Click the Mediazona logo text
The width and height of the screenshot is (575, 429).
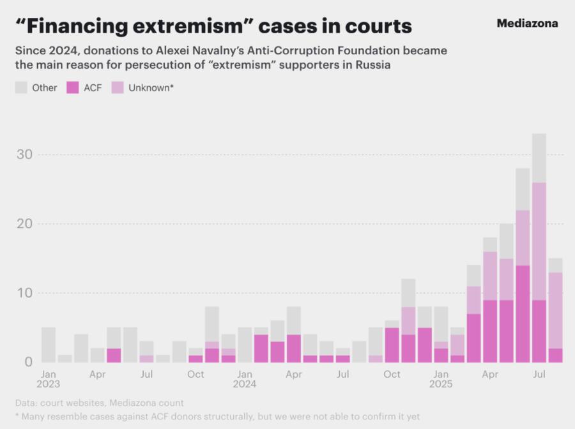(x=527, y=24)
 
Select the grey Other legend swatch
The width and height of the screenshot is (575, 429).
(x=21, y=87)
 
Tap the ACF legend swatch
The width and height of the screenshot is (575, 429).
(x=73, y=87)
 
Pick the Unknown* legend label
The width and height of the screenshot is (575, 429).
(x=151, y=87)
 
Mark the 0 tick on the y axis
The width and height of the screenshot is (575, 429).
(x=27, y=362)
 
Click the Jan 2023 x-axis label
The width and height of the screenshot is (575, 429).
(x=49, y=379)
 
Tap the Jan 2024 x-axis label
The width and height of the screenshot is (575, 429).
(x=245, y=379)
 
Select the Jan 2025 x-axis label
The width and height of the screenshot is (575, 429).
(x=441, y=379)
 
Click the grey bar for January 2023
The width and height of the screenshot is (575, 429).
(x=49, y=345)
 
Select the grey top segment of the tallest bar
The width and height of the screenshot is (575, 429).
(x=539, y=158)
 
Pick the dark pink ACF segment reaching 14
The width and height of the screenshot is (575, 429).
(x=523, y=313)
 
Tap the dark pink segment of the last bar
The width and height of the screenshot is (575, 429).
(x=555, y=355)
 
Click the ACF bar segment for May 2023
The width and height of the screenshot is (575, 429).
(x=114, y=355)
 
